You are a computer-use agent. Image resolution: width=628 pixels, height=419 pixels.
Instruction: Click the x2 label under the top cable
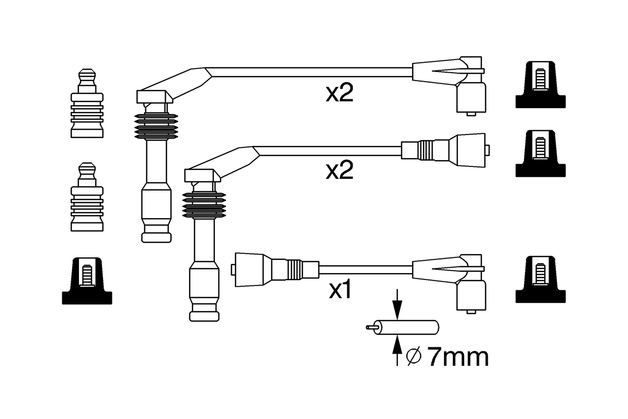point(340,93)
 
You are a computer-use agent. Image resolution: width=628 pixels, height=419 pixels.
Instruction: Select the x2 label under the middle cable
point(340,170)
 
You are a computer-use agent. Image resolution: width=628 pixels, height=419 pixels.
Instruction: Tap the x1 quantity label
point(340,290)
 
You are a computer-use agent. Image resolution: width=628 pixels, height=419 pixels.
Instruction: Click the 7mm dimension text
point(458,357)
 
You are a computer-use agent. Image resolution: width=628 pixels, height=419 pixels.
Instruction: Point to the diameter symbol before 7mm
point(414,357)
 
